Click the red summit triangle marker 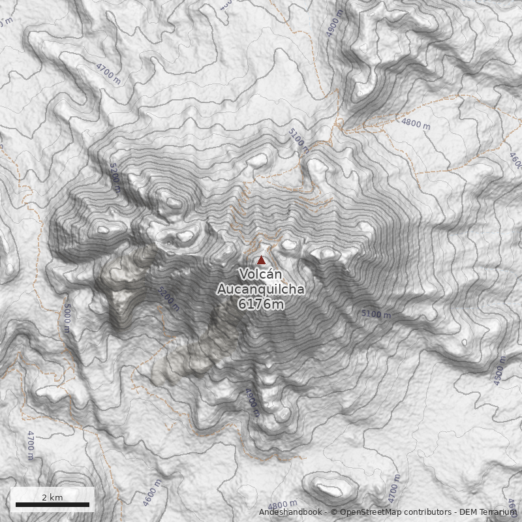click(262, 260)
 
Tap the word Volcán click(260, 274)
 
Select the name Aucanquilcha click(260, 289)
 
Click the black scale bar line click(52, 504)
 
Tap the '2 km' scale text click(52, 497)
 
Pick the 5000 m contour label click(67, 318)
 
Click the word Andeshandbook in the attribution click(290, 512)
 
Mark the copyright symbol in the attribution click(333, 512)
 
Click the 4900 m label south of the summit click(253, 402)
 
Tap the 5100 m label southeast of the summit click(376, 315)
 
